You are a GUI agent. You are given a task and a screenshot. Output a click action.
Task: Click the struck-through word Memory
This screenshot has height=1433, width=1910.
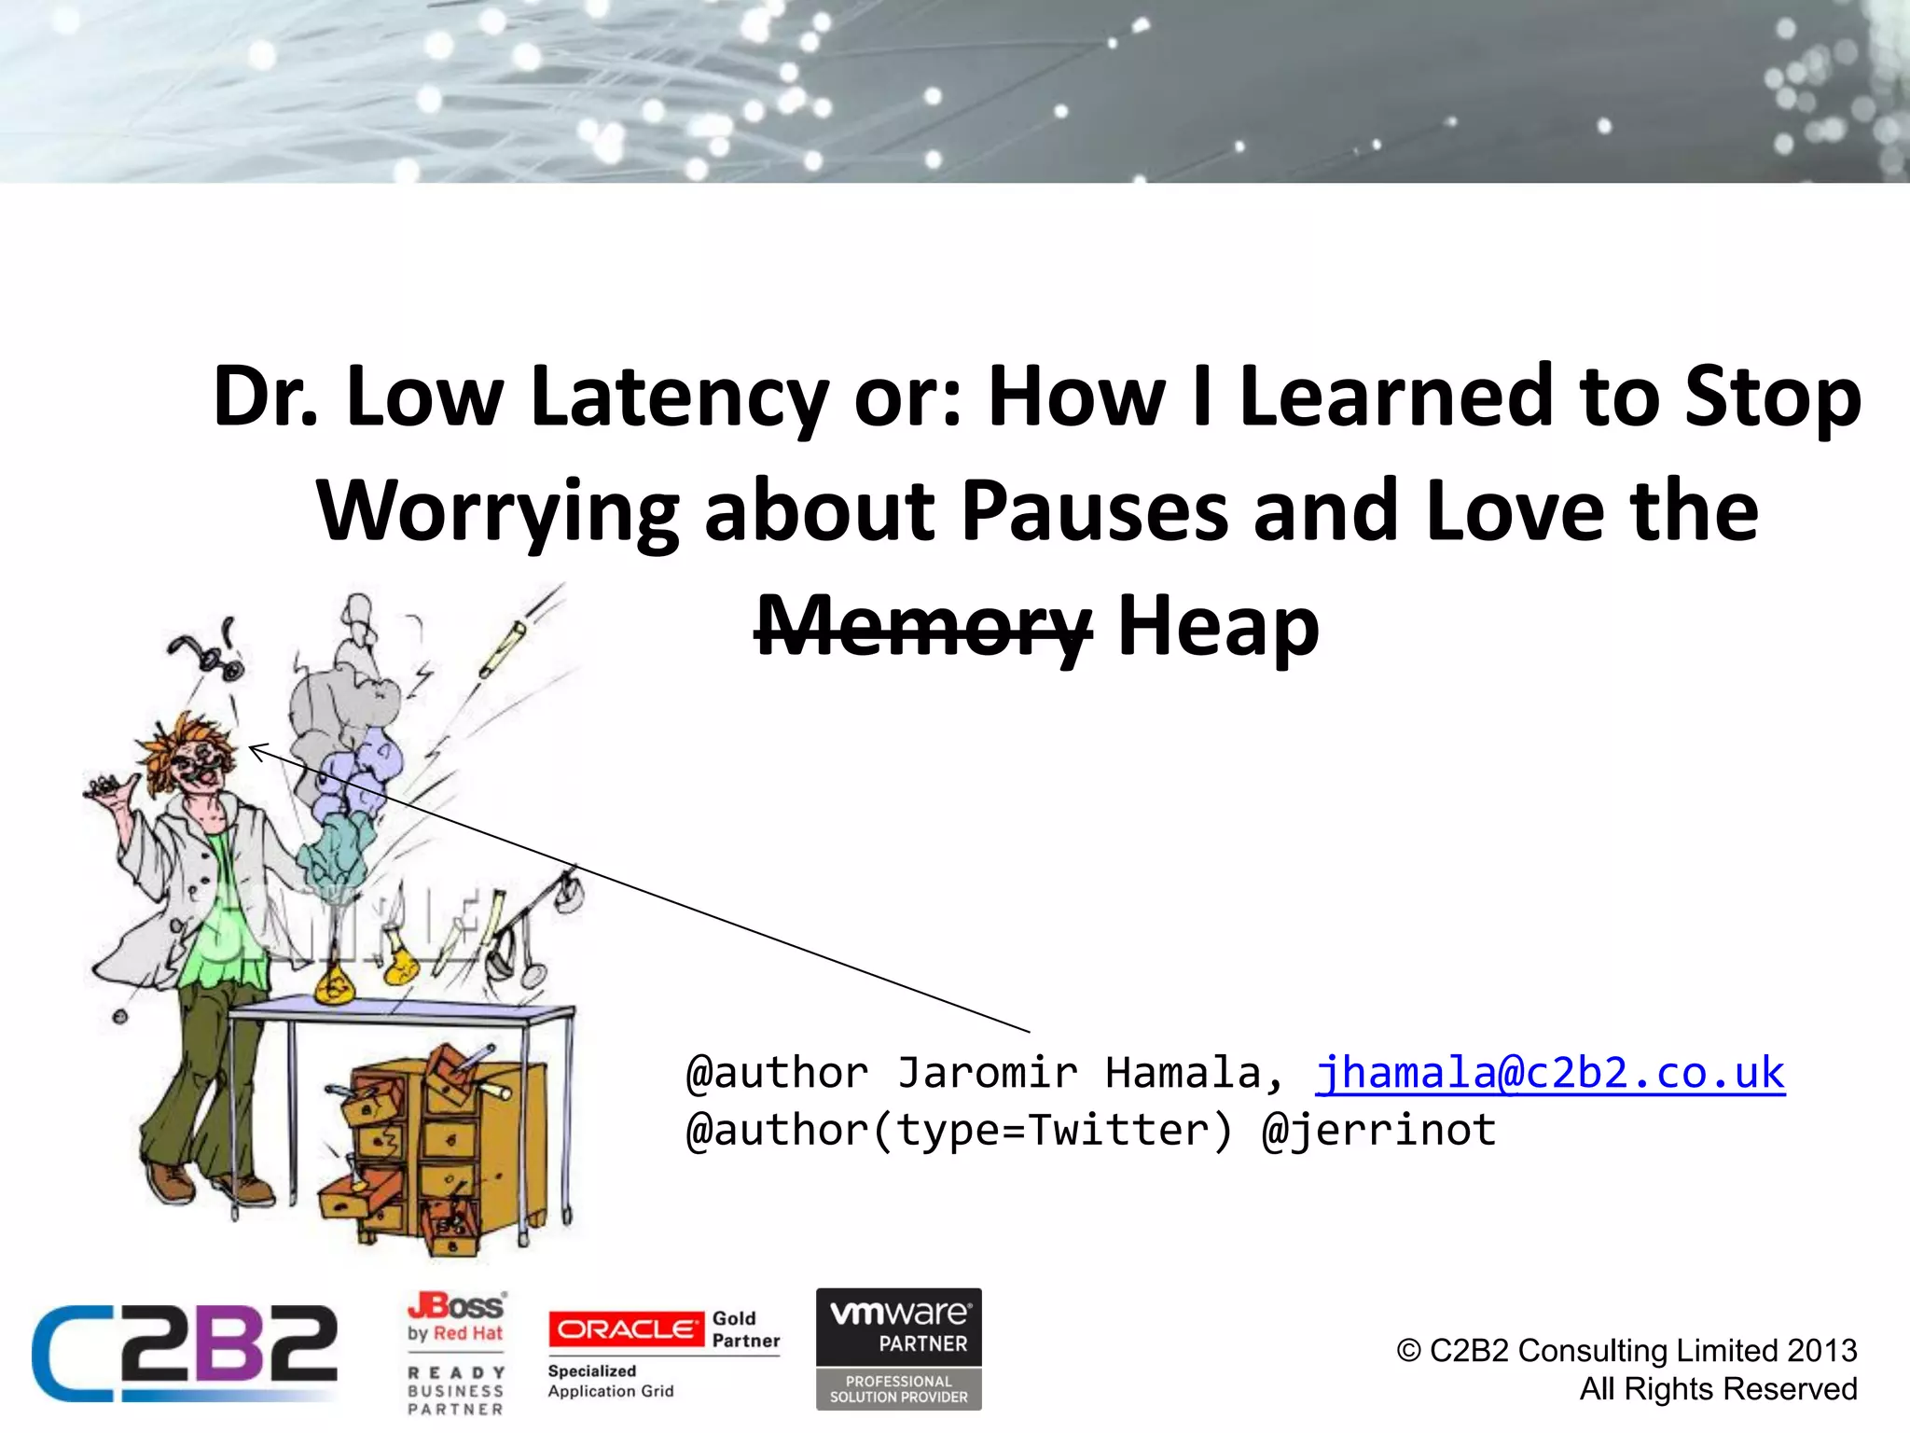point(922,627)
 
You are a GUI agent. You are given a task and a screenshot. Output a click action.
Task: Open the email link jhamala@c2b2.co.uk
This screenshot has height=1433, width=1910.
point(1549,1073)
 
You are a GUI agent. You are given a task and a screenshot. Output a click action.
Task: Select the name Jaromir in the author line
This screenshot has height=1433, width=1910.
point(988,1073)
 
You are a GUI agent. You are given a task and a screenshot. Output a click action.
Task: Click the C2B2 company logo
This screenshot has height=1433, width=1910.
point(185,1353)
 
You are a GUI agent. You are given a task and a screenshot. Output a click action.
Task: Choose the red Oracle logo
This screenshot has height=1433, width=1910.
point(626,1329)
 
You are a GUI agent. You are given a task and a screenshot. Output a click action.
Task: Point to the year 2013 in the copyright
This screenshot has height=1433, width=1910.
point(1822,1350)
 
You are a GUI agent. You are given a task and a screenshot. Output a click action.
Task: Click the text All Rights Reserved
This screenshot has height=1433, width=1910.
point(1718,1389)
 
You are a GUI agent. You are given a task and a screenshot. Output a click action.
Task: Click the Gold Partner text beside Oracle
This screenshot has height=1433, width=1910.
point(746,1329)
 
